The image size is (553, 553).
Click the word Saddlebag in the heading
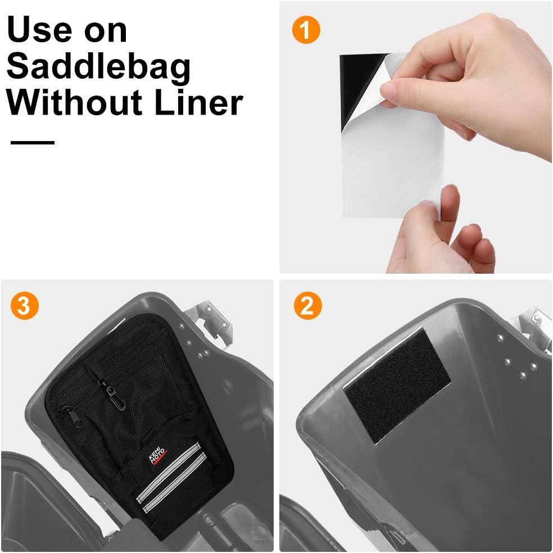tap(99, 67)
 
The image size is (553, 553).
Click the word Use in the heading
tap(38, 30)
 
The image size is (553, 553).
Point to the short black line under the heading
tap(33, 143)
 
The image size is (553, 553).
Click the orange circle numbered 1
tap(306, 30)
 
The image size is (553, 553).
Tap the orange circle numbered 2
tap(307, 305)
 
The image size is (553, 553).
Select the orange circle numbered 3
tap(24, 305)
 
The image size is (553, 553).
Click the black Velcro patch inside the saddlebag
tap(397, 385)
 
